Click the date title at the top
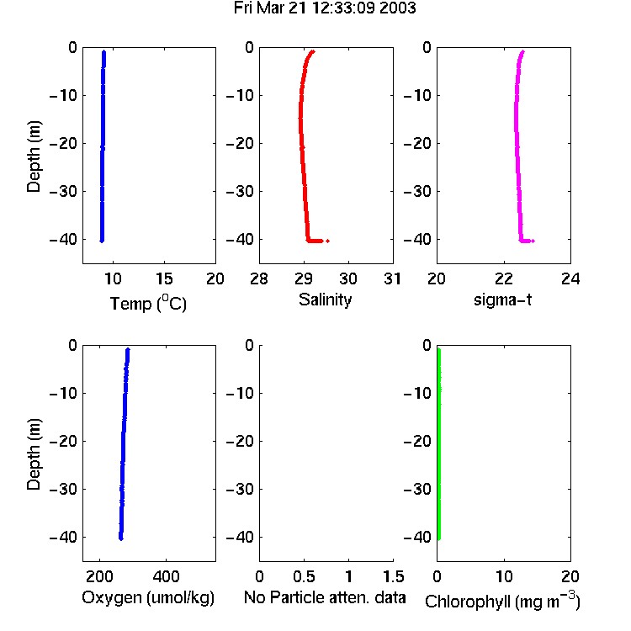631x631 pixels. click(x=325, y=8)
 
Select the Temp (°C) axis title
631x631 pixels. click(x=148, y=303)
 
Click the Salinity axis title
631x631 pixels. click(x=325, y=300)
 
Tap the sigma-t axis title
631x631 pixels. click(x=502, y=300)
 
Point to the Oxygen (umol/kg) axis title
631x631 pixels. click(x=148, y=598)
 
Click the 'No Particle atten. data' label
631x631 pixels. click(x=325, y=597)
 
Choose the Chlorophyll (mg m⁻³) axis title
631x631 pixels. click(x=502, y=601)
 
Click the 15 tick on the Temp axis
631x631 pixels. click(x=164, y=278)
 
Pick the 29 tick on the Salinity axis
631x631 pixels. click(x=304, y=278)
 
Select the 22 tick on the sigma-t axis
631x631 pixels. click(x=504, y=278)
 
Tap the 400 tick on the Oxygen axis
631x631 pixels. click(x=166, y=576)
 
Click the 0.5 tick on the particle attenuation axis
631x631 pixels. click(x=304, y=576)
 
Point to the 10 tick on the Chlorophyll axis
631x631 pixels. click(x=504, y=576)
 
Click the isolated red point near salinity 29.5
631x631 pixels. click(x=328, y=241)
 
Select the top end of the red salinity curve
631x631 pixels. click(x=313, y=51)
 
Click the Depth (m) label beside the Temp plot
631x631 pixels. click(x=34, y=156)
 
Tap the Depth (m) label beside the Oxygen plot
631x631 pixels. click(x=34, y=454)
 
